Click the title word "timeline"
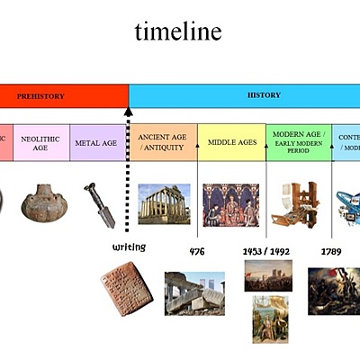[x=178, y=32]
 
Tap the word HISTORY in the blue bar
[x=264, y=94]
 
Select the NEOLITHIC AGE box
[x=40, y=142]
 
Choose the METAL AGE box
[x=97, y=142]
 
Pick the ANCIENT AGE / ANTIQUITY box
[x=163, y=142]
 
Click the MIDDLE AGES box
[x=231, y=142]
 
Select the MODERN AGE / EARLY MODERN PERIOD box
[x=298, y=142]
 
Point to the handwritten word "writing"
[x=129, y=247]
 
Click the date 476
[x=197, y=251]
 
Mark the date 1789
[x=331, y=251]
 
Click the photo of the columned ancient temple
[x=164, y=203]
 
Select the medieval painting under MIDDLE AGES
[x=230, y=204]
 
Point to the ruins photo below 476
[x=194, y=292]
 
